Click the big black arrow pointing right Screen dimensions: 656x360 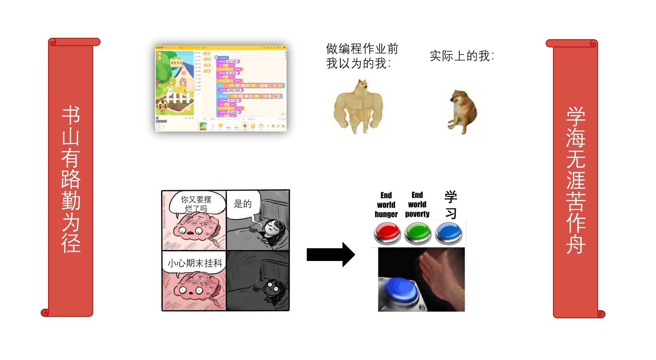tap(330, 254)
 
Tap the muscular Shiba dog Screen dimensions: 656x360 tap(358, 106)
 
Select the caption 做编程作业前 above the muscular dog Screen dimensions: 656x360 tap(362, 48)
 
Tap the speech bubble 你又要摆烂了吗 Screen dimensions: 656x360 tap(196, 204)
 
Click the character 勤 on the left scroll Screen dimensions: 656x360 tap(71, 201)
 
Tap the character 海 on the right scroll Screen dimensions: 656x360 tap(576, 137)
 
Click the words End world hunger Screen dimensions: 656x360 tap(386, 205)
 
